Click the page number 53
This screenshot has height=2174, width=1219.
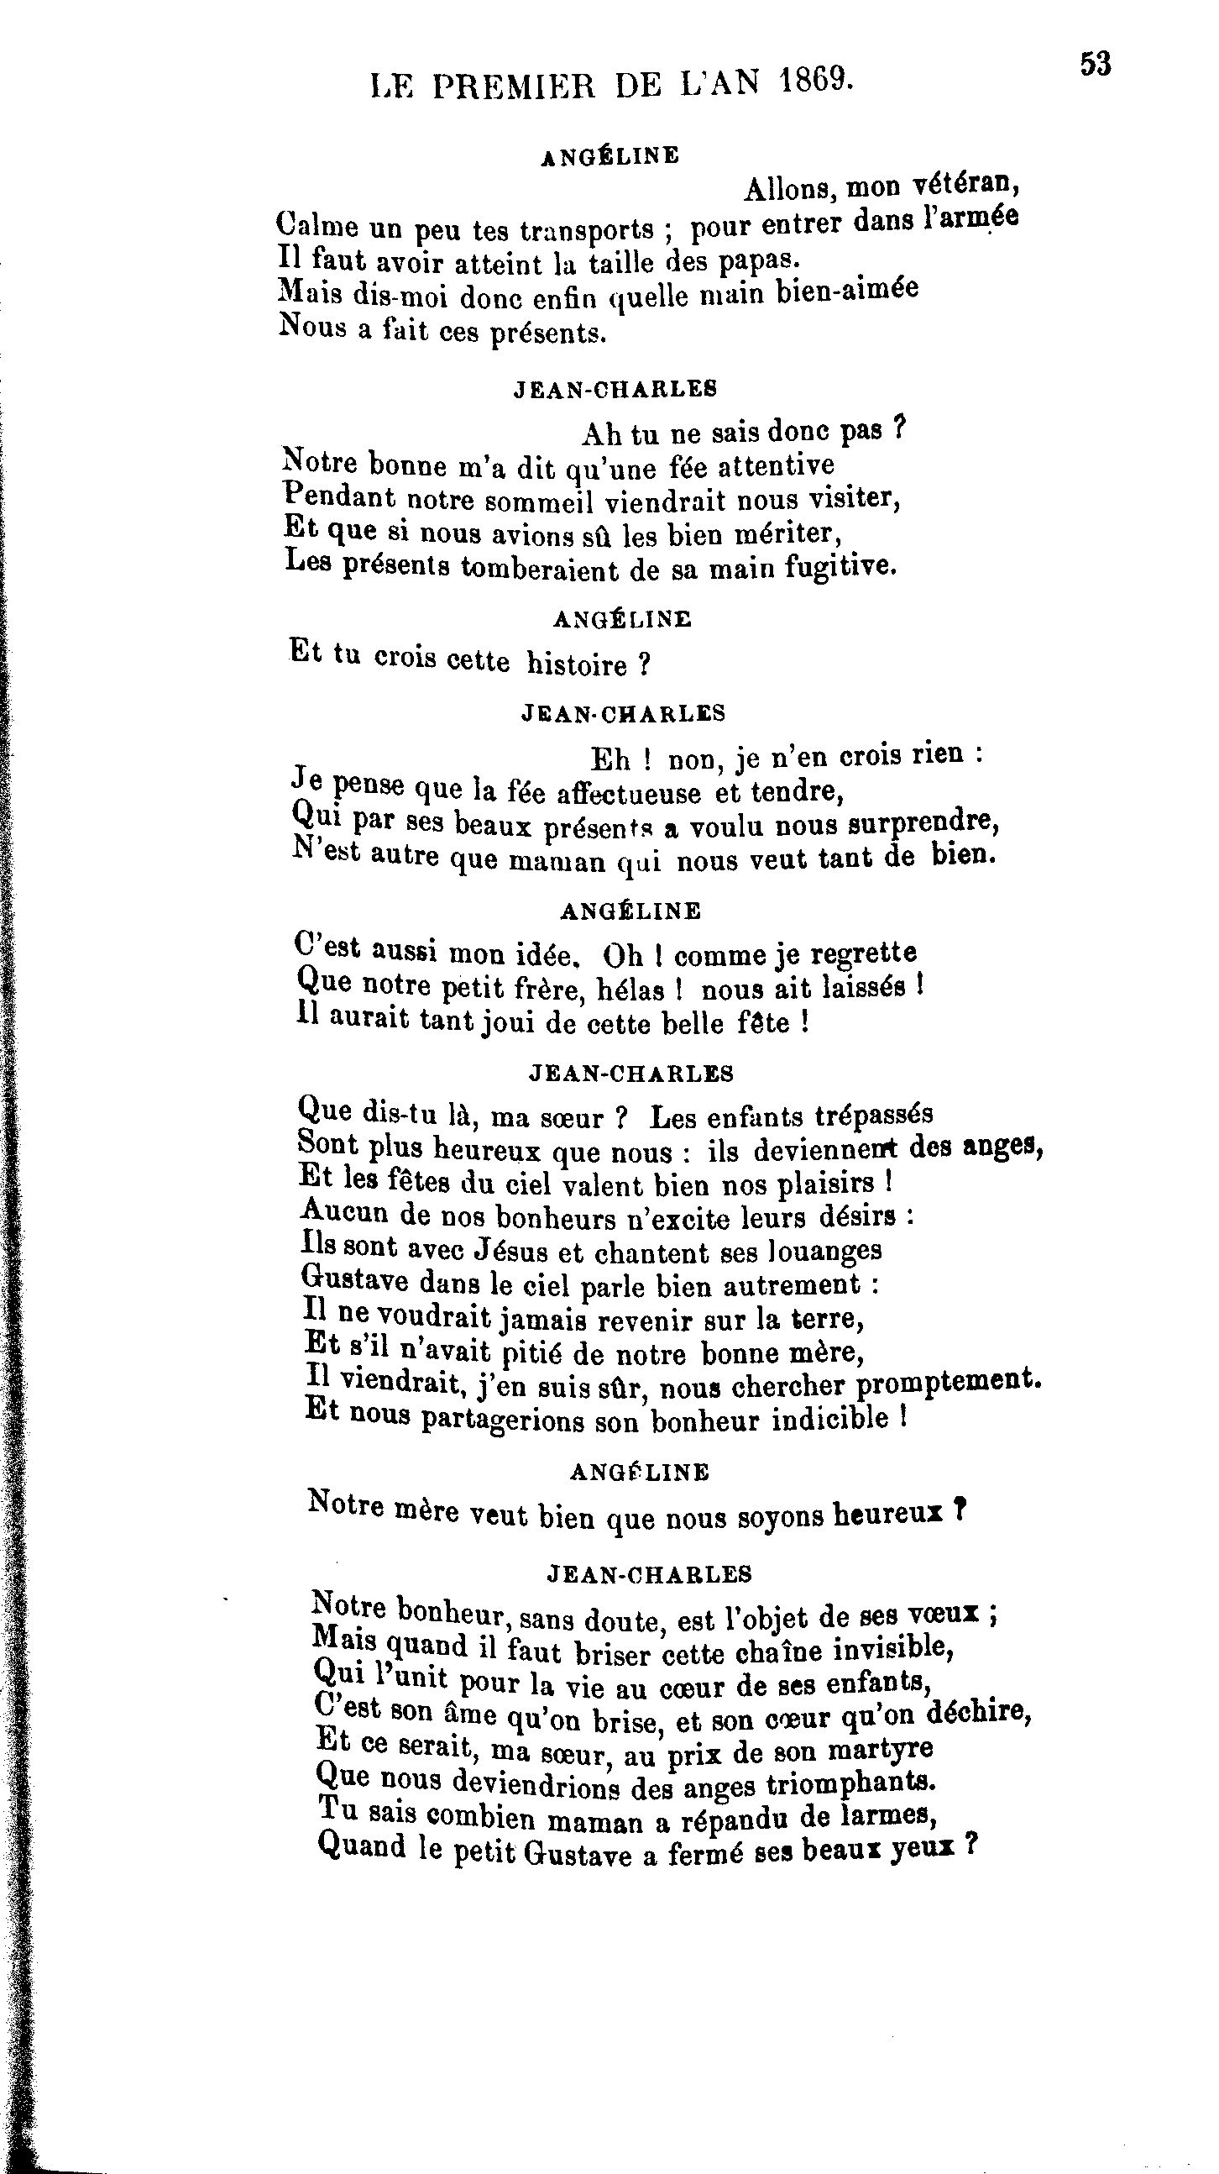point(1096,64)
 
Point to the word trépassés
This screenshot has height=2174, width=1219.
point(873,1114)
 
